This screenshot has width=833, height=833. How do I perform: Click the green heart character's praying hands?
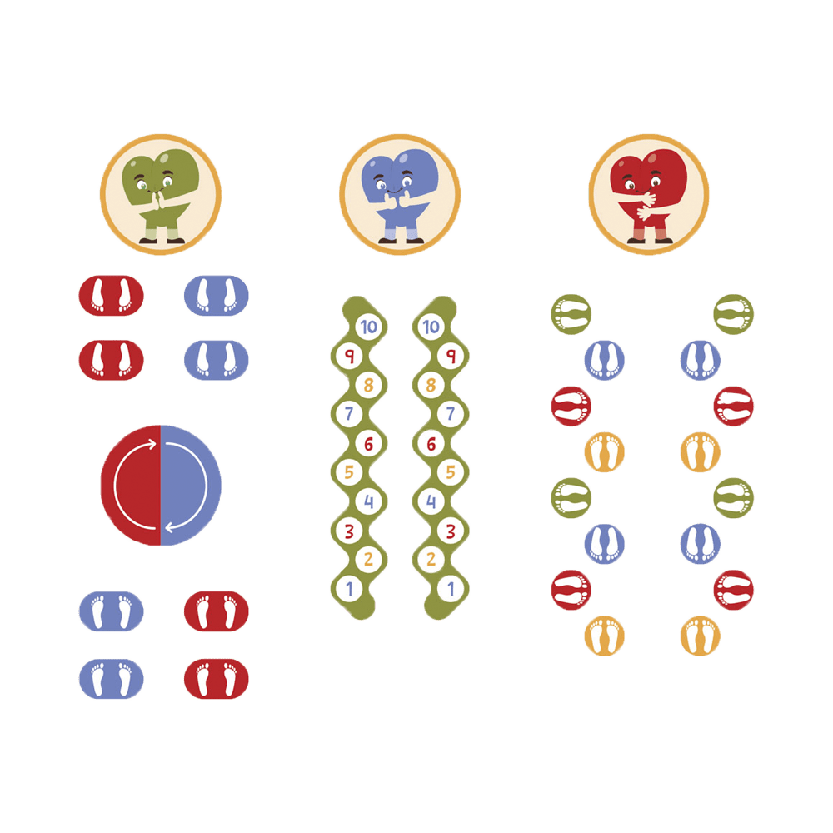[157, 201]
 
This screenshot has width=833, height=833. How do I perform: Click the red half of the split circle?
[131, 485]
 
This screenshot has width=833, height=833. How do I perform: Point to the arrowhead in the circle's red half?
[152, 444]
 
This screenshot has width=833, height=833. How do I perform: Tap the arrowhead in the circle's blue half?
[170, 527]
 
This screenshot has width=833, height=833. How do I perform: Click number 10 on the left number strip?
[369, 327]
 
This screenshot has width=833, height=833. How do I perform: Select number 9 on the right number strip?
[451, 356]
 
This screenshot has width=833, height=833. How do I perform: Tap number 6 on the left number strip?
[369, 444]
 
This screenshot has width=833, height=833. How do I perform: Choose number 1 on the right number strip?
[451, 589]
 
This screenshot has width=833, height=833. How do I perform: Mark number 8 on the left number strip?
[369, 385]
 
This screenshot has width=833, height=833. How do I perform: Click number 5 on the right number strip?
[451, 471]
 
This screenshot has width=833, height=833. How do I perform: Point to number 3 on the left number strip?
[349, 531]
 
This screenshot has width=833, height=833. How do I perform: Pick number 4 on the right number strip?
[431, 501]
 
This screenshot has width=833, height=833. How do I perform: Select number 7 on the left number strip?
[349, 413]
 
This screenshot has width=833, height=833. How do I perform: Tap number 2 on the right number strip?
[431, 559]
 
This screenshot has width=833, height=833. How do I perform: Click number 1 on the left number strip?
[349, 589]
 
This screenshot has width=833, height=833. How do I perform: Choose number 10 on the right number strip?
[431, 327]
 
